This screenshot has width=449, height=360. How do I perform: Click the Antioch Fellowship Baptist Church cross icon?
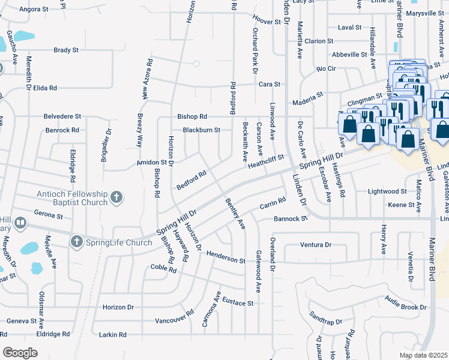point(116,197)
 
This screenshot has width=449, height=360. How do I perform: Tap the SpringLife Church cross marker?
point(76,242)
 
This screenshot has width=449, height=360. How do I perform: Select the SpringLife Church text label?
point(118,242)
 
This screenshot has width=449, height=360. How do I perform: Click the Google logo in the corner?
point(20,352)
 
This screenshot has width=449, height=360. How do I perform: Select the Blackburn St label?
point(202,130)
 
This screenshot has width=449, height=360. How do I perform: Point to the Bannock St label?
point(291,218)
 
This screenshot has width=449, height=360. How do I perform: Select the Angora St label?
point(34,10)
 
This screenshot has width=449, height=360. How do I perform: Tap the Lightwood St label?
point(387,191)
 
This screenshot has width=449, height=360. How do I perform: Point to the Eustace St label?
point(237,302)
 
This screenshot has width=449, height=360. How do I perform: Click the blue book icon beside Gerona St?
point(20,224)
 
